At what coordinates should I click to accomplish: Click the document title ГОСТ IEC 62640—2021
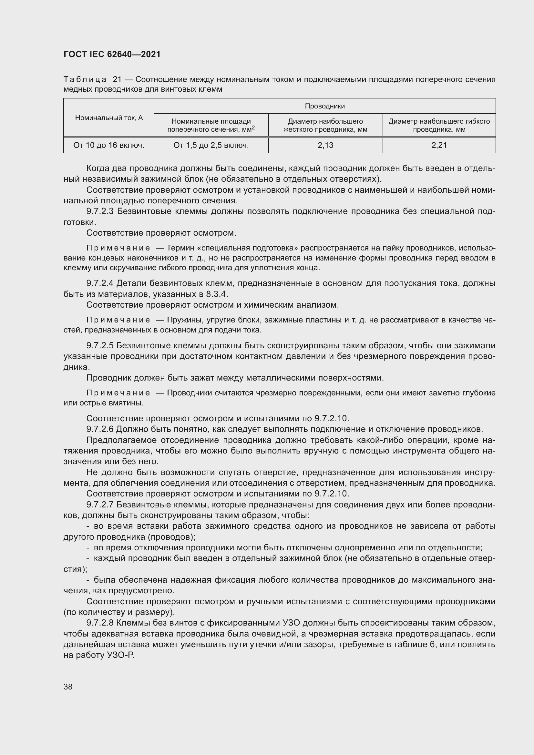click(112, 54)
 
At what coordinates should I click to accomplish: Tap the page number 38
click(68, 687)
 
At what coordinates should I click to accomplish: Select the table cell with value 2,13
click(325, 145)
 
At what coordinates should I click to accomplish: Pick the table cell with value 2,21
click(439, 145)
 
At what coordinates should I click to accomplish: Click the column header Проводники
click(324, 106)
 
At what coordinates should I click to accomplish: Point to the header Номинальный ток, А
click(109, 118)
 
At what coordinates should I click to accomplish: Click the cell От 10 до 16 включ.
click(109, 145)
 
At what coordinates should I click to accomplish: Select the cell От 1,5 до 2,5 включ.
click(211, 145)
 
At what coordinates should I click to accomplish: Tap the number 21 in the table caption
click(117, 80)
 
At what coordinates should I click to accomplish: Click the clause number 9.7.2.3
click(100, 211)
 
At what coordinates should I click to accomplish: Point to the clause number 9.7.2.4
click(100, 283)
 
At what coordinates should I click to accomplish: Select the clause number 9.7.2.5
click(100, 346)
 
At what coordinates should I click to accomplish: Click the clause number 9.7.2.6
click(100, 429)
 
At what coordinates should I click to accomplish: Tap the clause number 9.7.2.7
click(100, 505)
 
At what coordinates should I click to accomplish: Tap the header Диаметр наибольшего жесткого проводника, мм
click(325, 125)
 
